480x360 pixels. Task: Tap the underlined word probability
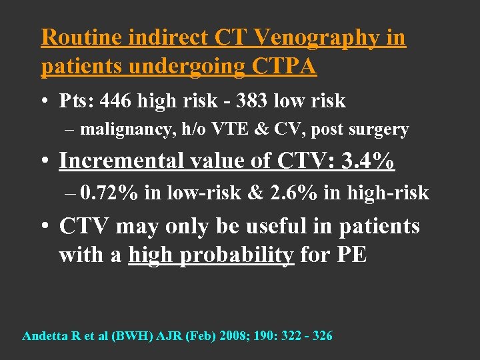pyautogui.click(x=244, y=255)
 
